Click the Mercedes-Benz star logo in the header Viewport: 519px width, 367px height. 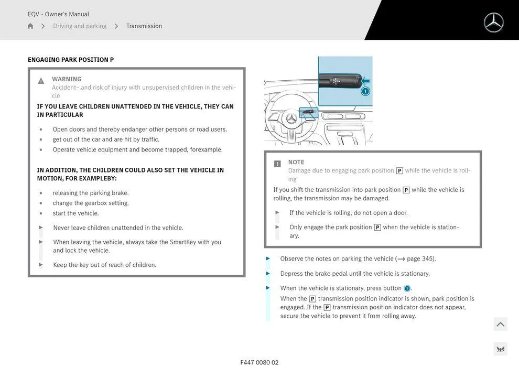point(493,23)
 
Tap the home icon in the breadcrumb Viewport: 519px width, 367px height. point(30,26)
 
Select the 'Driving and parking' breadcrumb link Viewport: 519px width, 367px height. point(80,26)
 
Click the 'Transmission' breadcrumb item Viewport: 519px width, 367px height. point(144,26)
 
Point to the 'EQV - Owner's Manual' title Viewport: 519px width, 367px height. point(58,14)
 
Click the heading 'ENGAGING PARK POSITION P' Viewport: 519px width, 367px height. point(71,60)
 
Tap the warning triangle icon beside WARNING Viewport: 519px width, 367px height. point(41,81)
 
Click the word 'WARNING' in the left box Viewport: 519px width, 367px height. point(67,79)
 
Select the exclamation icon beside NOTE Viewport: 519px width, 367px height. point(277,164)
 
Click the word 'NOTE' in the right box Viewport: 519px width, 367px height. point(296,162)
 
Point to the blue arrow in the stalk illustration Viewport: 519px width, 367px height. point(366,81)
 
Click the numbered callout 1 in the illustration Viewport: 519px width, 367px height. point(365,91)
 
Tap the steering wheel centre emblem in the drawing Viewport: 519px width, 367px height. point(291,119)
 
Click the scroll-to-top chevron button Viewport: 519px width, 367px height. point(501,325)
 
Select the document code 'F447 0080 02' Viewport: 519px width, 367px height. point(259,362)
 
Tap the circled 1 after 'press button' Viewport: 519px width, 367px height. point(407,288)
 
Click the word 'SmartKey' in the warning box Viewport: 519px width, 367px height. point(182,242)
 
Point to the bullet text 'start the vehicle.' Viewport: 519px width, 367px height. point(75,213)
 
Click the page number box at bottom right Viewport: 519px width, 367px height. point(500,349)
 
